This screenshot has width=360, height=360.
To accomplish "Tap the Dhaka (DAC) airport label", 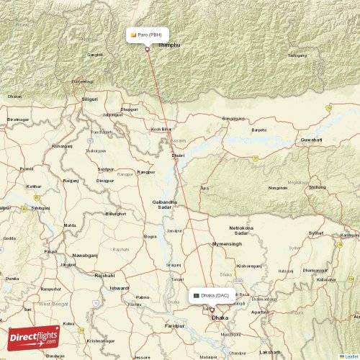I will coord(211,295).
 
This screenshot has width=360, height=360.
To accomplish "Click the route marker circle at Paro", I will coord(148,49).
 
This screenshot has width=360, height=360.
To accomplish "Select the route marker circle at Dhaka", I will coord(212,310).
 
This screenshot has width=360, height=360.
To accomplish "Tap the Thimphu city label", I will coord(168,45).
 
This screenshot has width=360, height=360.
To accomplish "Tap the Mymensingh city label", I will coord(227,245).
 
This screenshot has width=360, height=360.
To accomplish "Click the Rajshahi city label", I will coord(104,275).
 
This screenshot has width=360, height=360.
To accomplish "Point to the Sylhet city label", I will coord(315,234).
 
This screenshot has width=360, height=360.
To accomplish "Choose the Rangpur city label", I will coord(146,172).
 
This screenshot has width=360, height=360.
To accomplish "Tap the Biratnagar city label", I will coord(18,119).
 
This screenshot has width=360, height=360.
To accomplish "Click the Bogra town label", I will coord(150,236).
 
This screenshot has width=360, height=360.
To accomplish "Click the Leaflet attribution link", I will coord(350,356).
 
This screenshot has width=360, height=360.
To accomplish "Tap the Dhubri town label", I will coord(178,155).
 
